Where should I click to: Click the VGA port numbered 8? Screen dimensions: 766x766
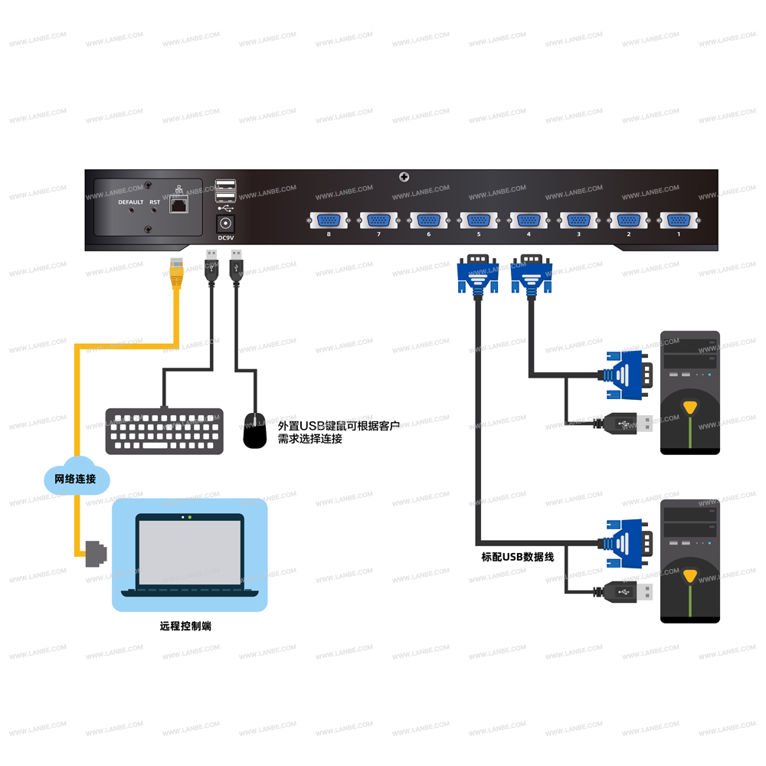coord(329,221)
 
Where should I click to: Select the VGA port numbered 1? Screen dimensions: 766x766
coord(678,221)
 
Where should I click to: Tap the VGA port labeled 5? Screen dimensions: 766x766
coord(479,221)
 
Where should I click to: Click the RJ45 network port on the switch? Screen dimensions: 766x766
coord(179,205)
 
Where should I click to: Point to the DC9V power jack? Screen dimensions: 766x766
coord(226,224)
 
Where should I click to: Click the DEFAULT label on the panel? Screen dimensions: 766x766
coord(130,202)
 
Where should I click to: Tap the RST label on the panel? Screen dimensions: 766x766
coord(155,202)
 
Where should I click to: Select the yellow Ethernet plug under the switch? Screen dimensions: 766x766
coord(177,273)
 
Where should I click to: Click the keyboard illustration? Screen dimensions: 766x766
coord(164,431)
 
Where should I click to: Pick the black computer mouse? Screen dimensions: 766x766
coord(255,430)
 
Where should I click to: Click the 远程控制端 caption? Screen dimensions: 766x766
coord(185,626)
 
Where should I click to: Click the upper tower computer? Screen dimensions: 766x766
coord(690,393)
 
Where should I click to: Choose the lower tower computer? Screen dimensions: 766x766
coord(690,561)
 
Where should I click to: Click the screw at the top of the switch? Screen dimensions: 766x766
coord(404,178)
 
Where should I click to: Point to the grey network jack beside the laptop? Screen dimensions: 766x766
coord(95,552)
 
